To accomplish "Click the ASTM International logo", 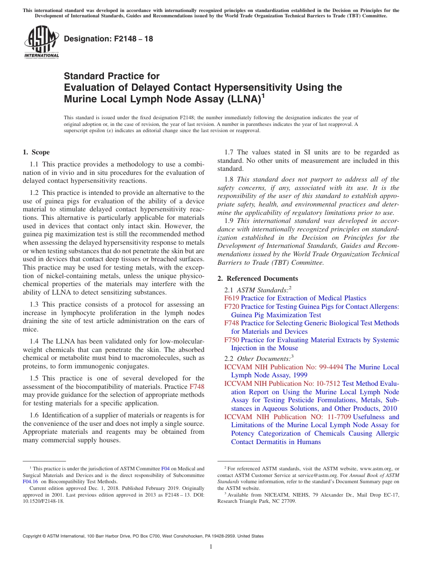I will coord(41,42).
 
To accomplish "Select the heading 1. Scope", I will coord(36,152).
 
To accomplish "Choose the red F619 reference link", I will coord(231,298).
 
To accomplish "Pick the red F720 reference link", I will coord(231,307).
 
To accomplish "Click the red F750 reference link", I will coord(231,340).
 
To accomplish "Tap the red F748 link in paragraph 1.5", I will coord(197,387).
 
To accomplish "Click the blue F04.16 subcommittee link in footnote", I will coord(30,481).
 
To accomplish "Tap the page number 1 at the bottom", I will coord(211,547).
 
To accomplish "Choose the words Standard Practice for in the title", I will coord(111,76).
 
